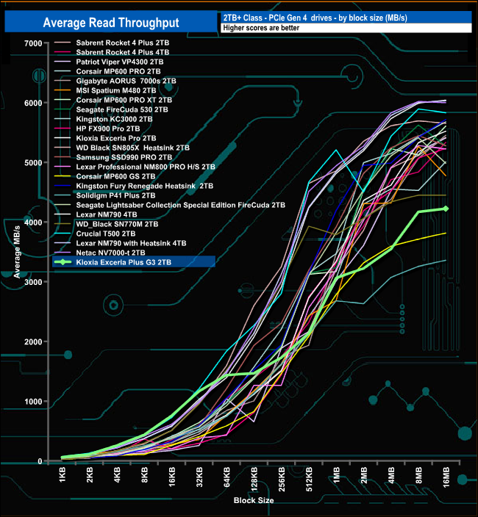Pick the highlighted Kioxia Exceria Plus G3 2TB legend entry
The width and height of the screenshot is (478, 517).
(123, 261)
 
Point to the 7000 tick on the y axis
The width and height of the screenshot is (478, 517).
(32, 43)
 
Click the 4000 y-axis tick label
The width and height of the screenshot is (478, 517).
(32, 223)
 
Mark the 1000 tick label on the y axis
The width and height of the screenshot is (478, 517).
(32, 402)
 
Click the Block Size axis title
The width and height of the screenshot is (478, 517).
(254, 500)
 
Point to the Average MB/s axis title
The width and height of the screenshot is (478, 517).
(16, 253)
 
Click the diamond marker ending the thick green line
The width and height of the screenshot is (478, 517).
(446, 209)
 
